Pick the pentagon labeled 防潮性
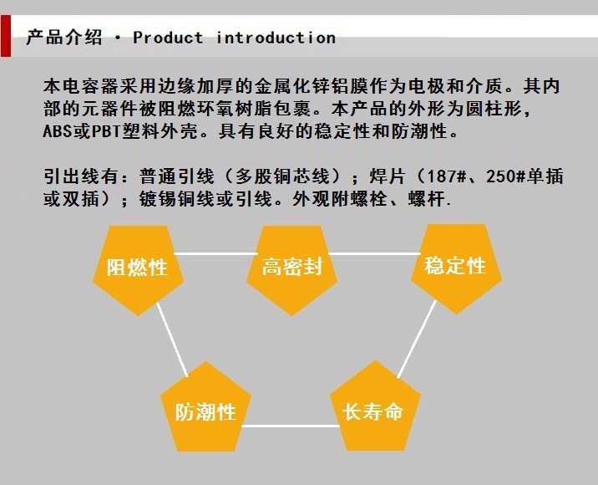tap(205, 411)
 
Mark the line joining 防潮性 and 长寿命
tap(288, 426)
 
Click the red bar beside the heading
tap(6, 37)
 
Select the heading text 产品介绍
tap(64, 38)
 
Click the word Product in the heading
tap(168, 38)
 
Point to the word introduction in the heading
tap(276, 38)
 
